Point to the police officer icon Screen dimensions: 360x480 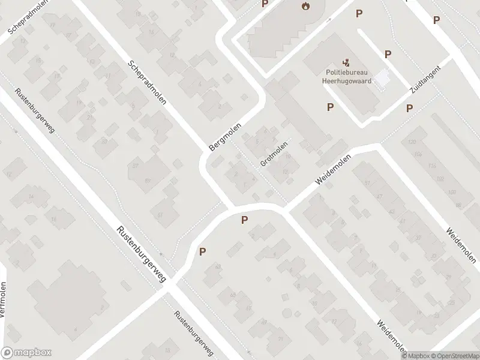pyautogui.click(x=346, y=61)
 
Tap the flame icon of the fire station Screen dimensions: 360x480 pyautogui.click(x=305, y=7)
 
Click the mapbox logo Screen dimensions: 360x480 pyautogui.click(x=26, y=353)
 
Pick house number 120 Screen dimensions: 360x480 pyautogui.click(x=412, y=142)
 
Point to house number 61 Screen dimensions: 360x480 pyautogui.click(x=159, y=214)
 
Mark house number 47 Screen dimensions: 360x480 pyautogui.click(x=379, y=196)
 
